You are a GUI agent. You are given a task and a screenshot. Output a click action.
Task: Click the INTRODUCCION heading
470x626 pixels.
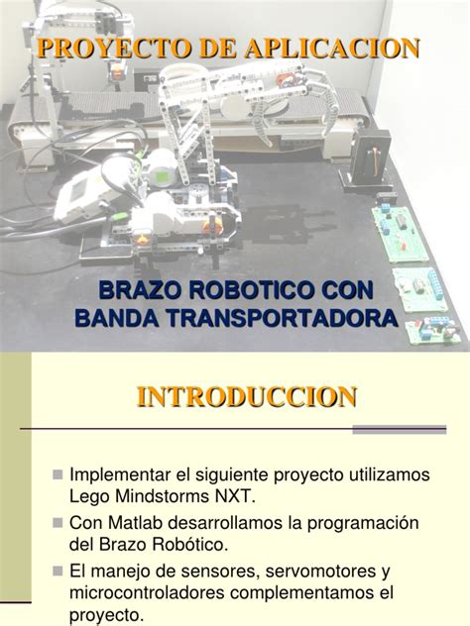click(246, 397)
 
